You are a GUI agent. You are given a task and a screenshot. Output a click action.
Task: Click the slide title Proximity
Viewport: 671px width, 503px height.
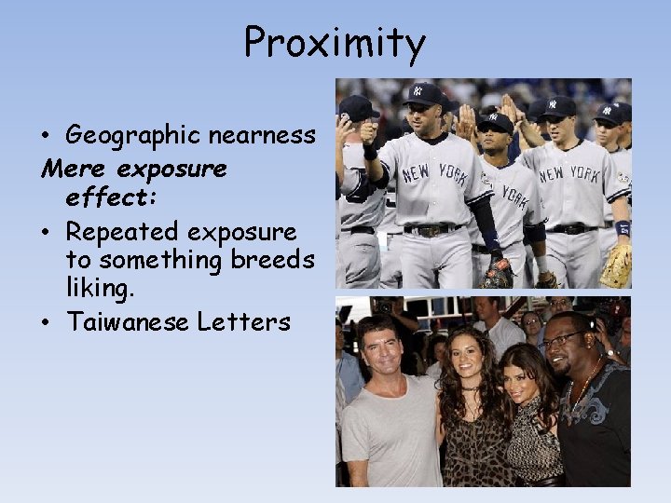pos(335,43)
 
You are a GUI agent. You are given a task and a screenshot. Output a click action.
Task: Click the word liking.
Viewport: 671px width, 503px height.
pos(101,291)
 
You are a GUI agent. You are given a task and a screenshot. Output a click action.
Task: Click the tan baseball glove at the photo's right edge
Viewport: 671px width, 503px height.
pos(617,267)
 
